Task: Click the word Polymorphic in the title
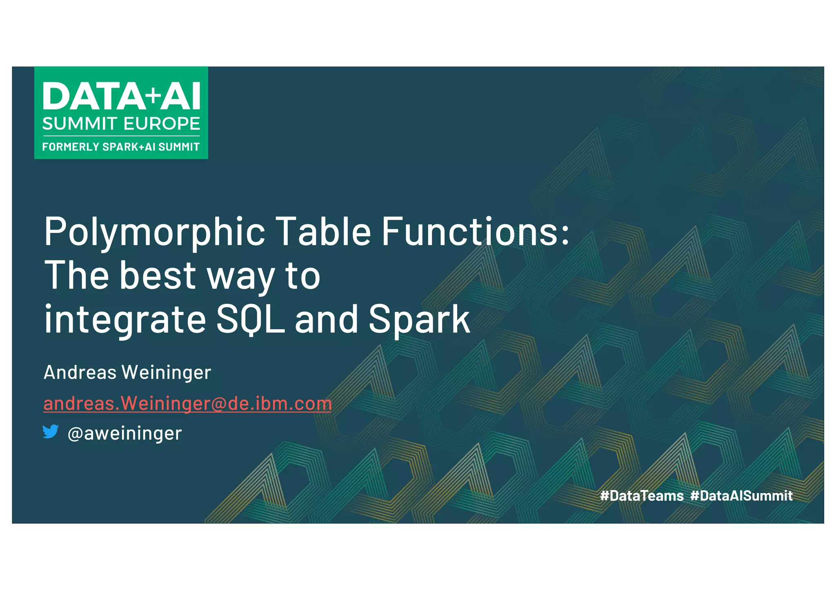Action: (x=155, y=232)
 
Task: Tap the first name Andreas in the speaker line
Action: (x=80, y=372)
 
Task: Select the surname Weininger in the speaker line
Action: (x=166, y=372)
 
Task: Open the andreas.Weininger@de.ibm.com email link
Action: (x=187, y=404)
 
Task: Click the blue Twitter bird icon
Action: (x=51, y=431)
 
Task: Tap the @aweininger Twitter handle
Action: (x=125, y=433)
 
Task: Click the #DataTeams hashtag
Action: (x=642, y=495)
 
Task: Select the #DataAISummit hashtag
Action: (x=741, y=495)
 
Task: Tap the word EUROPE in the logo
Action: (x=167, y=123)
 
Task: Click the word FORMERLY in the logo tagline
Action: (x=71, y=147)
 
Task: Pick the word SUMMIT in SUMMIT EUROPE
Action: (x=80, y=123)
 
